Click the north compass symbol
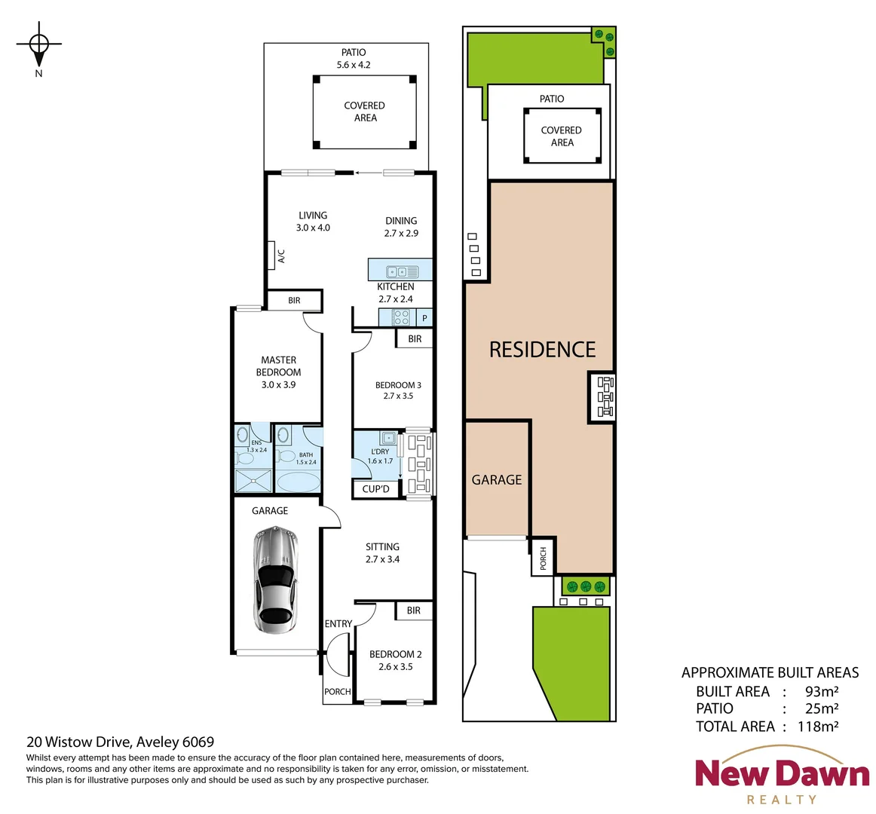pyautogui.click(x=39, y=45)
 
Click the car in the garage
pyautogui.click(x=275, y=579)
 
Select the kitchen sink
pyautogui.click(x=397, y=271)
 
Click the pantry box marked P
pyautogui.click(x=424, y=318)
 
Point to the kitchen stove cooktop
pyautogui.click(x=402, y=318)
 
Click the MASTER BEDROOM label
pyautogui.click(x=278, y=366)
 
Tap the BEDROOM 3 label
pyautogui.click(x=398, y=385)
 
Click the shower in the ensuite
pyautogui.click(x=252, y=481)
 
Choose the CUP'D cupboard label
pyautogui.click(x=375, y=489)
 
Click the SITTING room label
pyautogui.click(x=382, y=547)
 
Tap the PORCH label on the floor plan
pyautogui.click(x=337, y=692)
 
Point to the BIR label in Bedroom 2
pyautogui.click(x=413, y=610)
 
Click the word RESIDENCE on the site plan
pyautogui.click(x=542, y=350)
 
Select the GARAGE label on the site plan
pyautogui.click(x=496, y=479)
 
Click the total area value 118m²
pyautogui.click(x=818, y=727)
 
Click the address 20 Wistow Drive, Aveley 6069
pyautogui.click(x=121, y=742)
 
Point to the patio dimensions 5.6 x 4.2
pyautogui.click(x=354, y=65)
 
